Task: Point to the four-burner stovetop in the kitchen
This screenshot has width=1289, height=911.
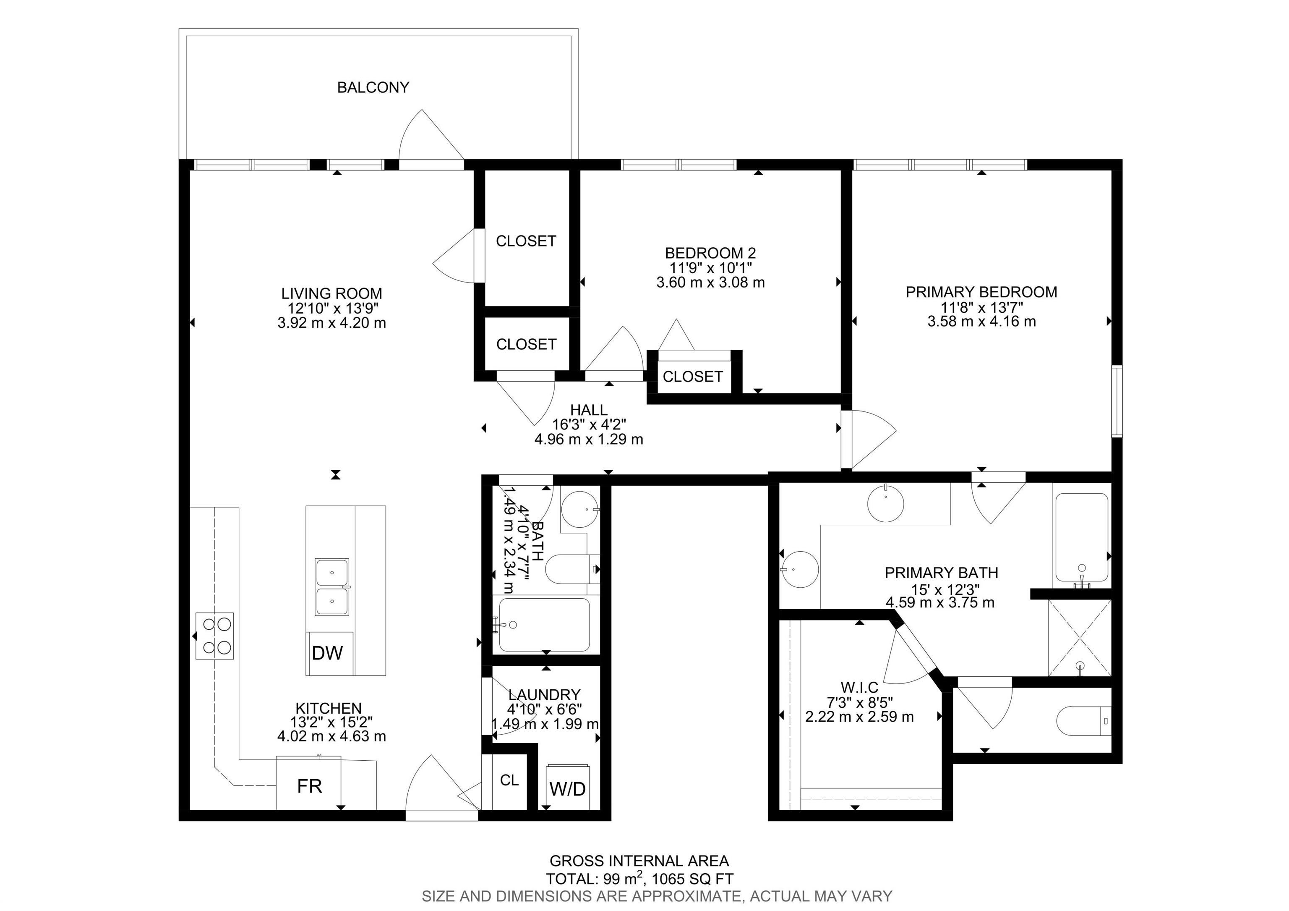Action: pyautogui.click(x=214, y=636)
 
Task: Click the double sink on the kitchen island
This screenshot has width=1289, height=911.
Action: pyautogui.click(x=332, y=587)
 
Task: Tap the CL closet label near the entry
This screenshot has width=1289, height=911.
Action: pyautogui.click(x=509, y=780)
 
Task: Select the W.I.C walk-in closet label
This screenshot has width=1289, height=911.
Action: pyautogui.click(x=859, y=687)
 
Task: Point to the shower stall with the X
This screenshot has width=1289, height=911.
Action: pyautogui.click(x=1080, y=638)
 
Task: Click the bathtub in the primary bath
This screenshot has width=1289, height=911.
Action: pyautogui.click(x=1081, y=537)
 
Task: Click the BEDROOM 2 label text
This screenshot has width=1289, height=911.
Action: pyautogui.click(x=710, y=253)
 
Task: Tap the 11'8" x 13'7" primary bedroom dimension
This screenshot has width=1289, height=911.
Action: pyautogui.click(x=982, y=307)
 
